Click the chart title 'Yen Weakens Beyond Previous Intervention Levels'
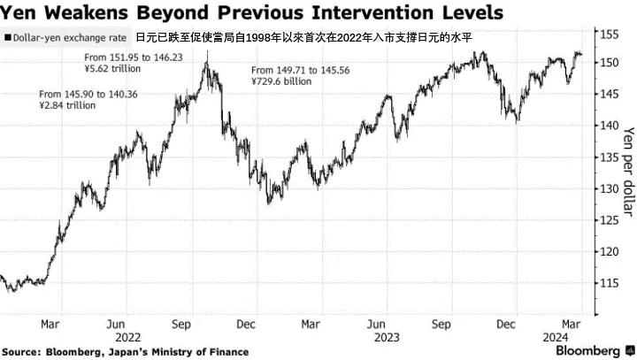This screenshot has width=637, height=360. click(252, 13)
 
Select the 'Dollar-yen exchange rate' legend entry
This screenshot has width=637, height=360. click(70, 39)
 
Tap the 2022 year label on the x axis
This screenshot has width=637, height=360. click(128, 337)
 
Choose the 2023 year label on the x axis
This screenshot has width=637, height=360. click(387, 337)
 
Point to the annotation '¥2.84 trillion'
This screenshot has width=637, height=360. click(68, 105)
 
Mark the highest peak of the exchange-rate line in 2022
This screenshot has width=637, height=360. click(207, 53)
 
